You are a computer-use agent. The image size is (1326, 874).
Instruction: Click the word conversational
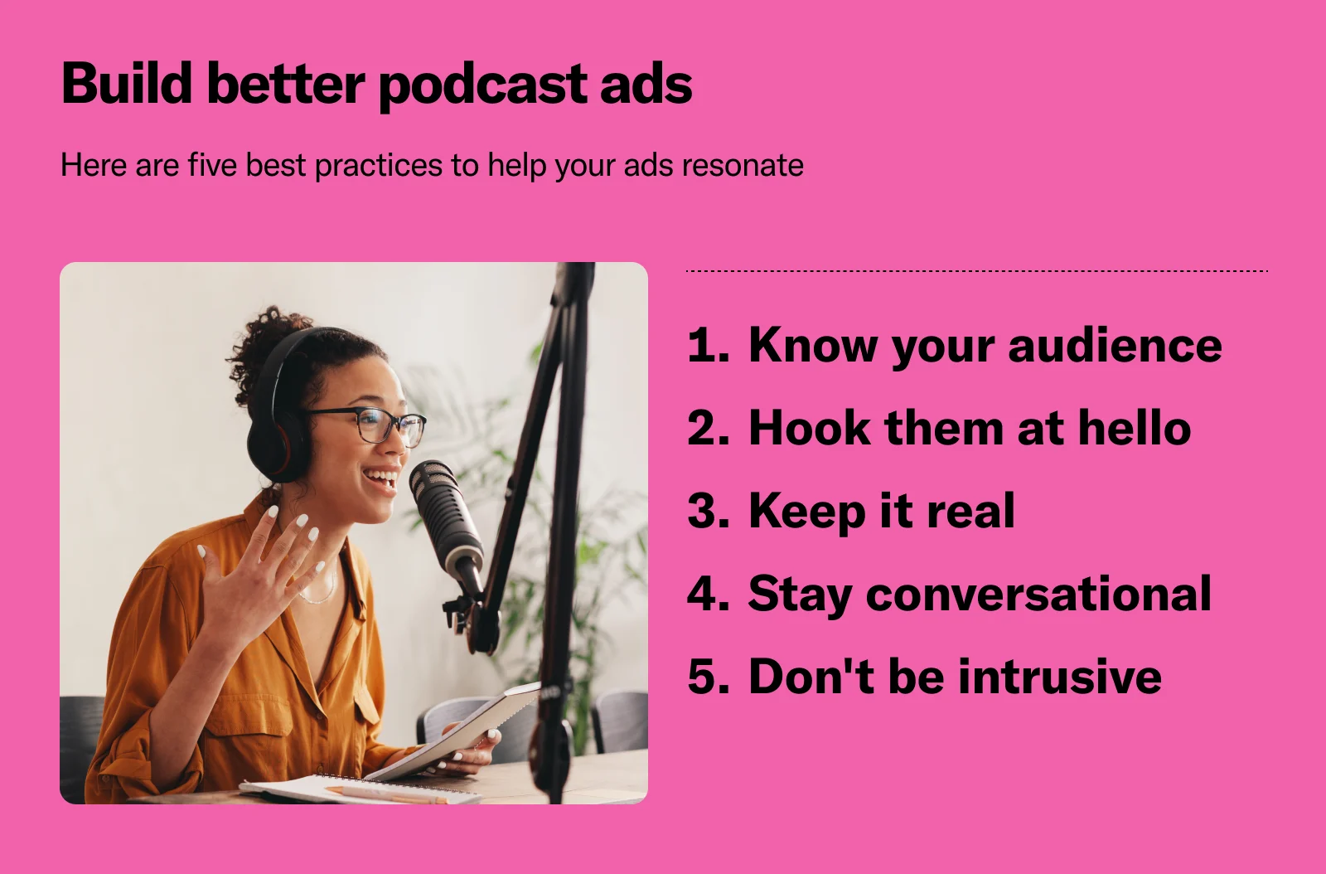pyautogui.click(x=1038, y=594)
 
